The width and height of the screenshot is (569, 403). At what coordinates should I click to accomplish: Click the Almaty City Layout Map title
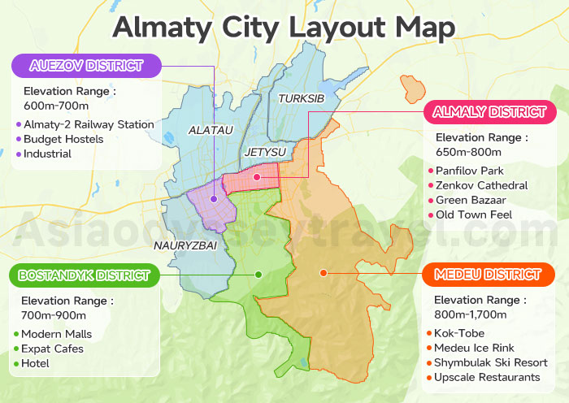pos(284,26)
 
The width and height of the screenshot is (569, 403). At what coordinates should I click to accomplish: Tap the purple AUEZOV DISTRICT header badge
pos(85,66)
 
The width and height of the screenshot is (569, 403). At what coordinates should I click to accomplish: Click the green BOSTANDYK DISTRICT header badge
pos(84,275)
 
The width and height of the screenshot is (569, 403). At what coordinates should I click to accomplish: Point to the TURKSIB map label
pos(301,98)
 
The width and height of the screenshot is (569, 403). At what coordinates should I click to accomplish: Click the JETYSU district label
pos(264,152)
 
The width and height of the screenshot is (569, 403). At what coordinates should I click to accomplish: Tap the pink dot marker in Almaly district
pos(257,176)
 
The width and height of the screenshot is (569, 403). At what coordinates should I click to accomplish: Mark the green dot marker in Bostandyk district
pos(258,274)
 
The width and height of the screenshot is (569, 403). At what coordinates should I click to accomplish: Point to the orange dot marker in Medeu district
pos(324,272)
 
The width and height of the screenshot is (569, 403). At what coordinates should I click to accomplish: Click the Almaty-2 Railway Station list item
pos(89,124)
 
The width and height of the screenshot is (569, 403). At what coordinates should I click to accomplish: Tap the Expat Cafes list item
pos(52,349)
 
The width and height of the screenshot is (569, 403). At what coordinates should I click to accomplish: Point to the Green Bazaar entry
pos(471,200)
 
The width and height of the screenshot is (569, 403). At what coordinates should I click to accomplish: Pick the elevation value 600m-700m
pos(56,106)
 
